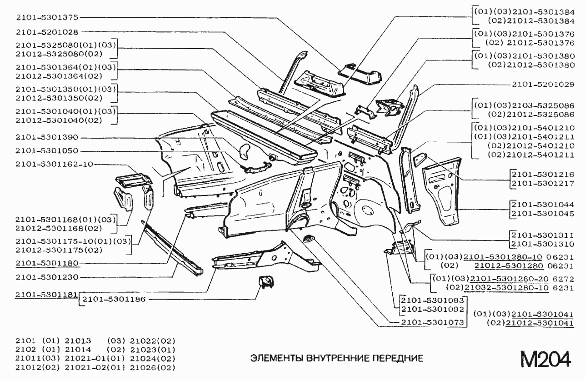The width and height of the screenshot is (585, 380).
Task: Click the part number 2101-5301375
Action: (x=47, y=17)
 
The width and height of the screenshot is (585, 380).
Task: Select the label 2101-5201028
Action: (x=47, y=32)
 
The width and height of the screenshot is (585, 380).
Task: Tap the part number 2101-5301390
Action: (x=47, y=137)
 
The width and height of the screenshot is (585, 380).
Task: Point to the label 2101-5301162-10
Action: (x=55, y=164)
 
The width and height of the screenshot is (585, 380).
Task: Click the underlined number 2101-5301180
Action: (x=47, y=263)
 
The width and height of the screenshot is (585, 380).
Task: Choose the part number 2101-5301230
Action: (x=47, y=277)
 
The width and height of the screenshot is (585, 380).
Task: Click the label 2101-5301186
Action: (x=114, y=299)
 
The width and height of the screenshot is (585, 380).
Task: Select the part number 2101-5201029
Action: (x=543, y=85)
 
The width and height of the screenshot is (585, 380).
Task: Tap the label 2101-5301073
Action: (x=432, y=322)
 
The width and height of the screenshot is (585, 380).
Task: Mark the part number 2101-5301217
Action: (x=543, y=184)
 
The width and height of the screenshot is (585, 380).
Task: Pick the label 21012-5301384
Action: (x=540, y=21)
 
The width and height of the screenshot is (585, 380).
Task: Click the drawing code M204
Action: (x=546, y=359)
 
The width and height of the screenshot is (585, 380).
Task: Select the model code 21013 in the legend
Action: (x=78, y=341)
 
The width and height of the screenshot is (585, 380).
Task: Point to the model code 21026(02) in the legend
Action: (x=153, y=368)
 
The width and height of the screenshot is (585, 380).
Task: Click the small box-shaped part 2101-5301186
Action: (x=266, y=282)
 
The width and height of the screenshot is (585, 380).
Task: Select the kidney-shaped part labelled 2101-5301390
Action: (x=244, y=151)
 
